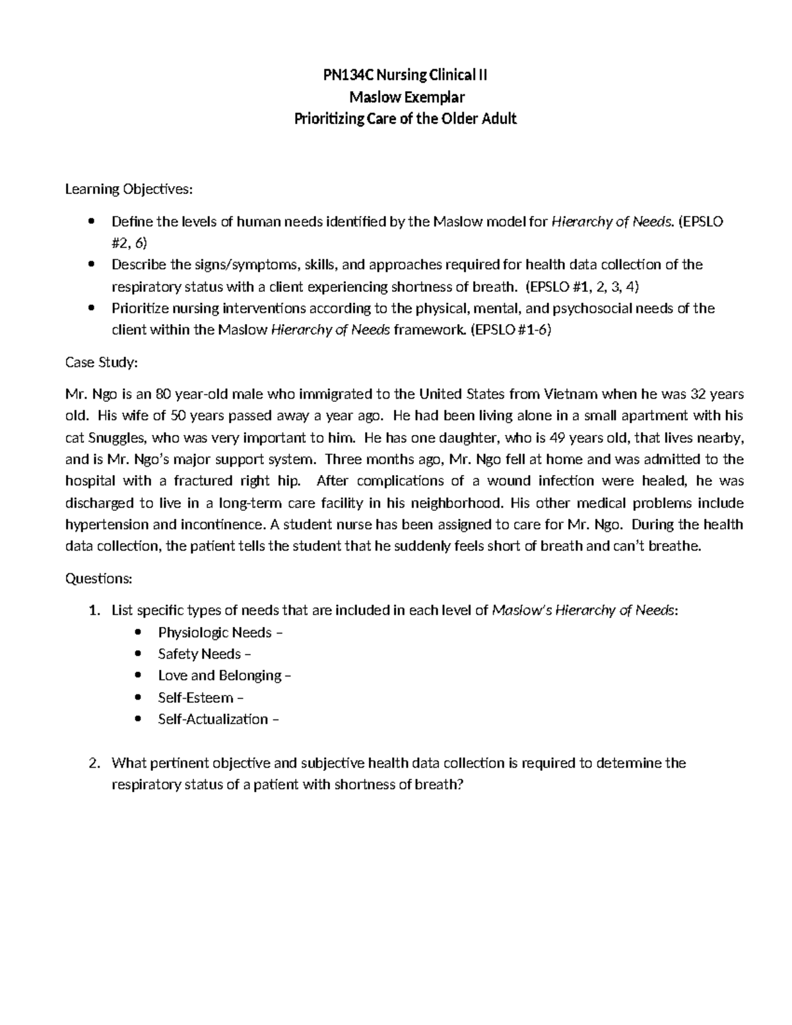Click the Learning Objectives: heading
pos(129,189)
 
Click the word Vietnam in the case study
pos(571,394)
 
